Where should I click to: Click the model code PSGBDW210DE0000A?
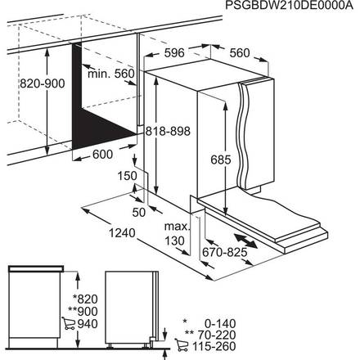point(290,7)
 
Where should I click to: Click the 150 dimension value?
point(126,175)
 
